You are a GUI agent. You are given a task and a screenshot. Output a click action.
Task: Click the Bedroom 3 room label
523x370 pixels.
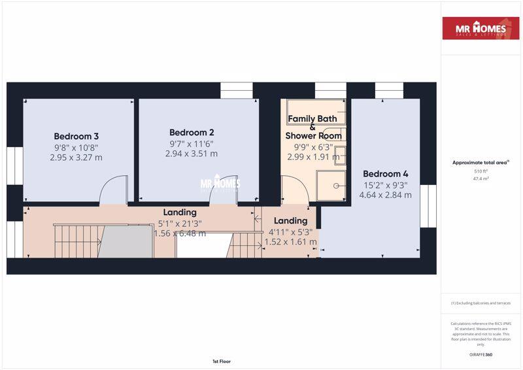tap(76, 136)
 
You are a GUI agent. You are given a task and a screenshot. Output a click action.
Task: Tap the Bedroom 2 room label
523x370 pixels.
tap(192, 131)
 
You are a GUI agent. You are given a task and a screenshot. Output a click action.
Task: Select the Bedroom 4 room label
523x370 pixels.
tap(386, 174)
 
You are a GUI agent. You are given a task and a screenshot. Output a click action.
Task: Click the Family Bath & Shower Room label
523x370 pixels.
tap(313, 127)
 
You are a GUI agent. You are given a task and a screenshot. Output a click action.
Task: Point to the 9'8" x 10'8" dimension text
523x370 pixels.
tap(76, 147)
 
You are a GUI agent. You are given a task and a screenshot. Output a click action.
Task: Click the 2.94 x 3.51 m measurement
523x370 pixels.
tap(192, 154)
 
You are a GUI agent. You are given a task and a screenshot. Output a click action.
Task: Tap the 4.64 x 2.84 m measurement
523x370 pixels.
tap(386, 195)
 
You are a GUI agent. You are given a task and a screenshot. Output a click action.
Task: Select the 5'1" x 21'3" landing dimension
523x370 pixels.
tap(180, 223)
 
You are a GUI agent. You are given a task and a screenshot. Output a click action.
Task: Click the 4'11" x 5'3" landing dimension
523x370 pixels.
tap(290, 231)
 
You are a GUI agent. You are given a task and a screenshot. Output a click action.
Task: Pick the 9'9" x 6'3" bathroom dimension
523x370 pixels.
tap(313, 146)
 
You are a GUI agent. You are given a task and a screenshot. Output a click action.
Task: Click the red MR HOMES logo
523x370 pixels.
tap(481, 28)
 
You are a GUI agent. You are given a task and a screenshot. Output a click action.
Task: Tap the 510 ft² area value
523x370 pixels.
tap(481, 171)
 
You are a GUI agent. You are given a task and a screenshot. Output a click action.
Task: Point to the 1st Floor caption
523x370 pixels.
tap(221, 361)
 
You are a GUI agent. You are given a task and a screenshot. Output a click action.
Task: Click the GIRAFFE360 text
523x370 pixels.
tap(481, 354)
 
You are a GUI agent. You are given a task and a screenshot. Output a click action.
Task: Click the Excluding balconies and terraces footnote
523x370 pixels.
tap(481, 303)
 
